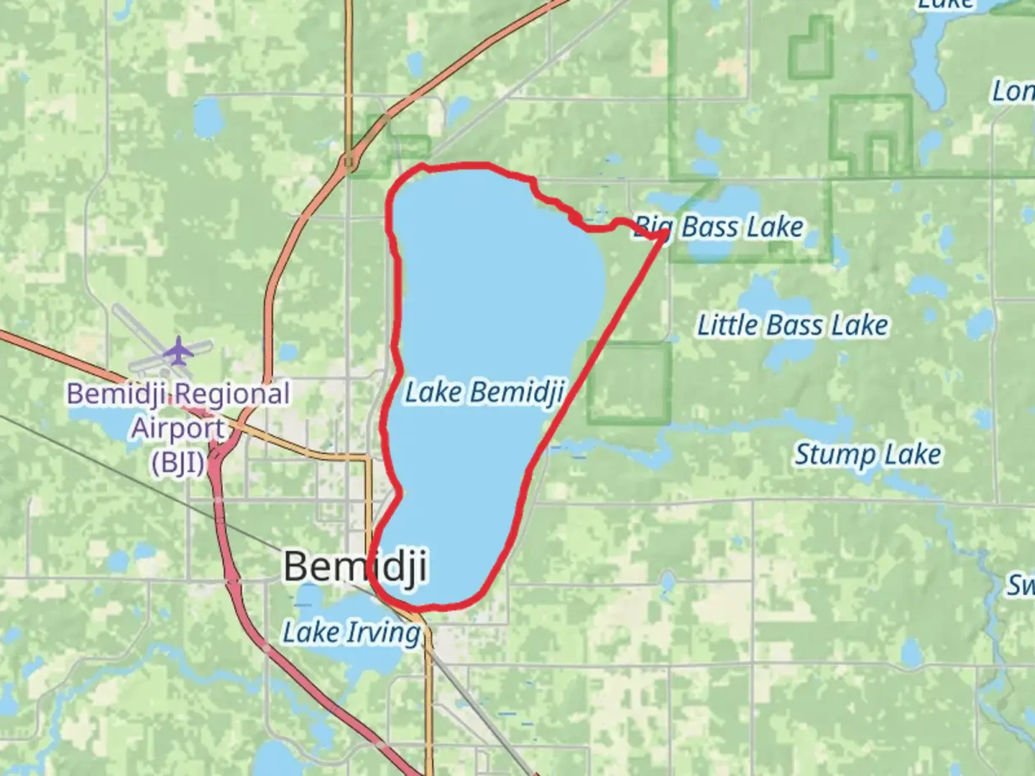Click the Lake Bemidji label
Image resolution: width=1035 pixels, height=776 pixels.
[484, 392]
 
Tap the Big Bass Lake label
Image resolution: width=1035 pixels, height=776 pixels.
[719, 227]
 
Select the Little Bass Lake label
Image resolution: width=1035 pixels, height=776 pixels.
[793, 325]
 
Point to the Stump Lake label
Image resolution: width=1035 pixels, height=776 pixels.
[868, 454]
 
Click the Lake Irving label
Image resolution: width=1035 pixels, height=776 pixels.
[351, 632]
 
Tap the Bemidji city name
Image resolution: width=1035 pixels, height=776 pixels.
[355, 566]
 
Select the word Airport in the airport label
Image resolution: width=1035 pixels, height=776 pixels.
[178, 428]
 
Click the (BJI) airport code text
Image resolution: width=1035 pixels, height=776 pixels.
[178, 462]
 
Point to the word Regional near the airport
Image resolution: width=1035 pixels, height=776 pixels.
[231, 394]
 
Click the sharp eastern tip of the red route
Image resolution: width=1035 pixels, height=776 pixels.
[663, 234]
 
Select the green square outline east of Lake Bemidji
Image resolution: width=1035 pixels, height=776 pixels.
[629, 382]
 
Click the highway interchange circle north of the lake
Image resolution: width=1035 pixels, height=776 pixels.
[349, 162]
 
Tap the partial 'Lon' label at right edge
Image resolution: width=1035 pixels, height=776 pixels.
[1013, 91]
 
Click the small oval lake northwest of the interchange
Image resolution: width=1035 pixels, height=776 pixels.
[208, 116]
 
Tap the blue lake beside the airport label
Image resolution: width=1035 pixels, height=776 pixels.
[101, 428]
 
